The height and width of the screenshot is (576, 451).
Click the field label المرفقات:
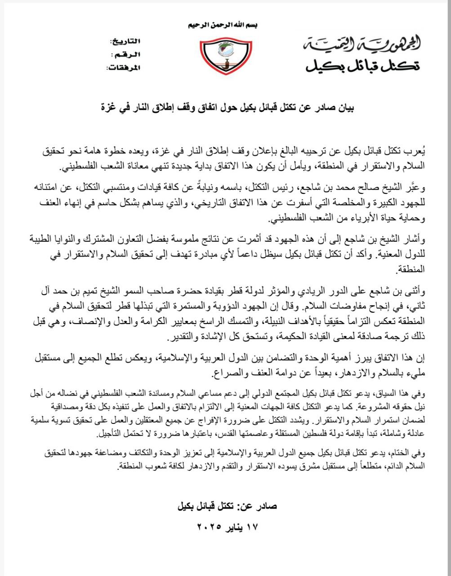tap(123, 68)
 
